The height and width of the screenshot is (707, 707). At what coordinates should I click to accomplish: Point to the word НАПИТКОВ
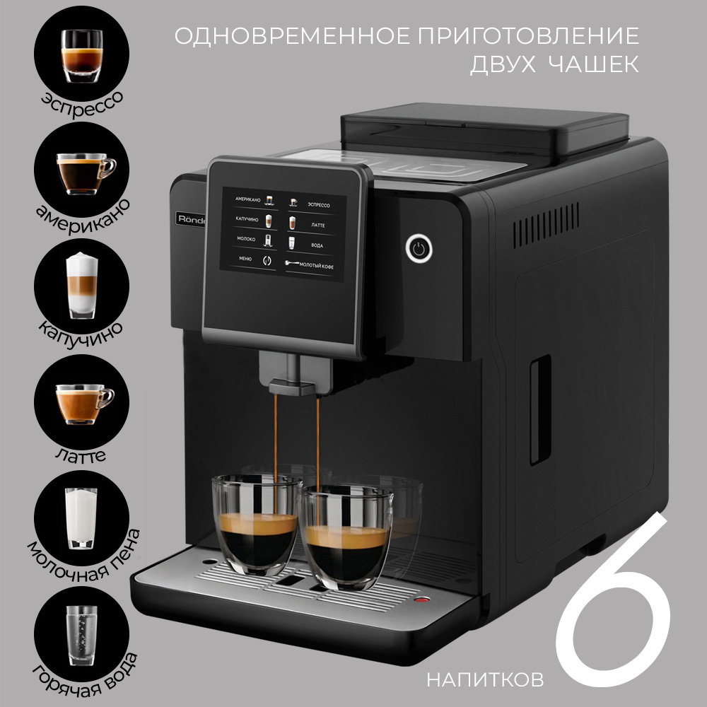coord(485,680)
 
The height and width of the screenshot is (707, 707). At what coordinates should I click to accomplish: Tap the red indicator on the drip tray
coord(423,602)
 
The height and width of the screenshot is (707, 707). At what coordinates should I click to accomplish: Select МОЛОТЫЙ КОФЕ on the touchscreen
coord(315,264)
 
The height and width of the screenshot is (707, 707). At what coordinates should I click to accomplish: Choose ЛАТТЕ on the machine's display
coord(317,224)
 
